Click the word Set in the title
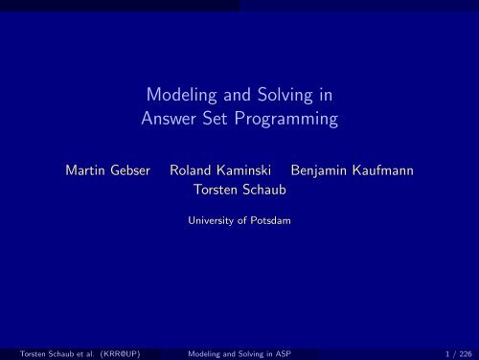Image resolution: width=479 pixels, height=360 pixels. pos(225,121)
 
